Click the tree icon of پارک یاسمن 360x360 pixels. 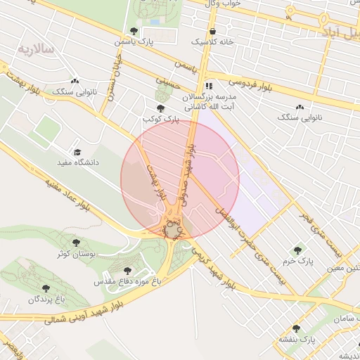coord(134,31)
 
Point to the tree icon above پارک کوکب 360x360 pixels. coord(161,108)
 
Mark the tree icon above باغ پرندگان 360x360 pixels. coord(46,288)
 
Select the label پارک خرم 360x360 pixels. coord(299,261)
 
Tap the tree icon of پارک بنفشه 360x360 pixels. coord(296,328)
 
